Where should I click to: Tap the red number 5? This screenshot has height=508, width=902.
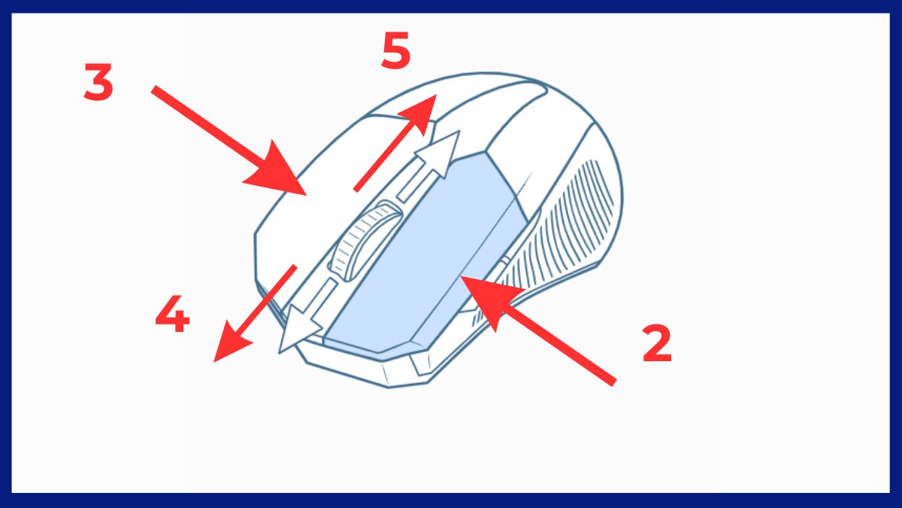396,50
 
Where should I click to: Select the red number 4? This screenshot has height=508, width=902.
172,317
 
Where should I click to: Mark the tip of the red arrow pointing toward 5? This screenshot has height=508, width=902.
431,99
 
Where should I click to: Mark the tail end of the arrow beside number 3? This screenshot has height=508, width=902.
154,90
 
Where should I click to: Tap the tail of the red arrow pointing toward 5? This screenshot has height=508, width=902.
356,189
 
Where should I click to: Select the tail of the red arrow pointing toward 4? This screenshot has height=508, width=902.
295,266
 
